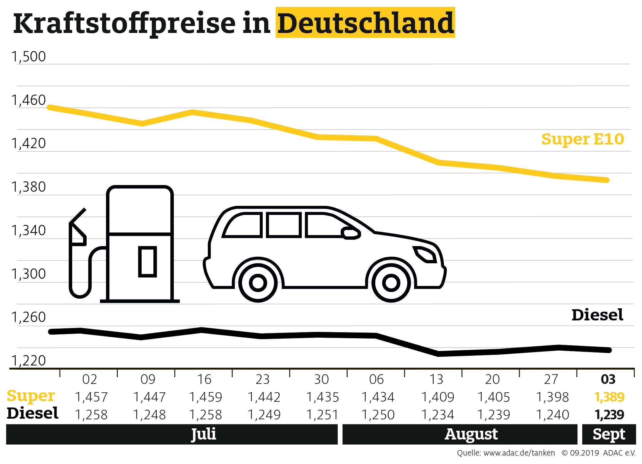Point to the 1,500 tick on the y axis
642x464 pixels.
coord(28,57)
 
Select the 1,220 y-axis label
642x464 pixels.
coord(28,360)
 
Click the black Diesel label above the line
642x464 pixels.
coord(597,315)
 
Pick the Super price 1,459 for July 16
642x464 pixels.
coord(205,397)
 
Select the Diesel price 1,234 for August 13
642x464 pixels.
coord(438,415)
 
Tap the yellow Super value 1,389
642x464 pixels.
coord(609,397)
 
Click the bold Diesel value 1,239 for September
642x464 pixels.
coord(609,415)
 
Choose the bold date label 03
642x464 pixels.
coord(608,379)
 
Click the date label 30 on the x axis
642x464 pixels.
coord(321,379)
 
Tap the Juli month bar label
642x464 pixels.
coord(204,434)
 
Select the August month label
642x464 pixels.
coord(471,434)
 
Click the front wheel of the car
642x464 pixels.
coord(391,283)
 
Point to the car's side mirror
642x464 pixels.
coord(350,233)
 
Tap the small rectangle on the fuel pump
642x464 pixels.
coord(147,262)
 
